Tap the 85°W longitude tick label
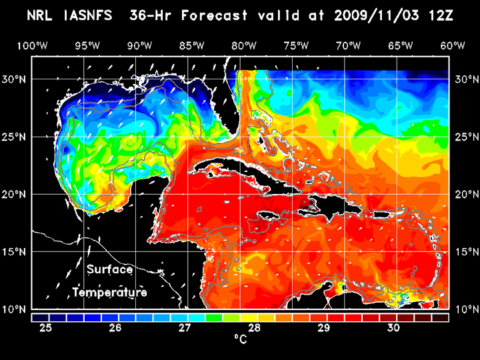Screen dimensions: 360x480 click(191, 45)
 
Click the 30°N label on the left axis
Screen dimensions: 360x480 click(16, 79)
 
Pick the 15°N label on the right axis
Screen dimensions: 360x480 click(465, 251)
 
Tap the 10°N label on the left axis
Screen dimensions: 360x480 click(16, 309)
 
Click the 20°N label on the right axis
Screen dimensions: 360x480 click(465, 194)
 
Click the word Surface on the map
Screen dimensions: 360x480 click(109, 270)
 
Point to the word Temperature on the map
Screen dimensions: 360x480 click(109, 292)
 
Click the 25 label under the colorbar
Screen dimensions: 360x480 click(46, 328)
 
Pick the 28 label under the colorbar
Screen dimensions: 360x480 click(254, 328)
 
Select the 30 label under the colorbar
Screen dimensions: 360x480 click(393, 328)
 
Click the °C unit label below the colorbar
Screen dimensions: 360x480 click(240, 340)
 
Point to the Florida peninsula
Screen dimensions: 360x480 click(235, 110)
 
